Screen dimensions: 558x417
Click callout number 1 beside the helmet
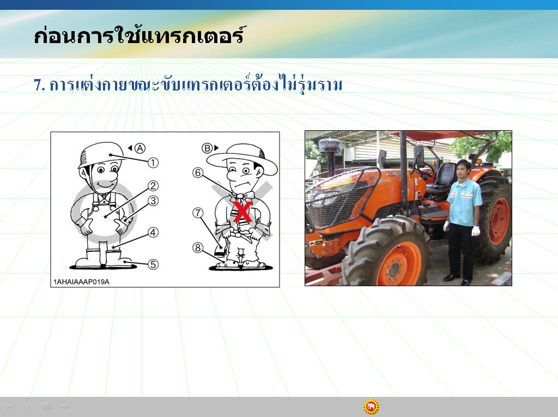[x=153, y=163]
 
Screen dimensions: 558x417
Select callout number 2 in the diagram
[x=153, y=185]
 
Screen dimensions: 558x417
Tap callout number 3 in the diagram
[x=153, y=201]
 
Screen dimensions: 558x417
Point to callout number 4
[x=153, y=233]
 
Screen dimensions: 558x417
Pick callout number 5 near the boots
[x=153, y=264]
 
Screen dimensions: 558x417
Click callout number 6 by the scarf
[x=198, y=173]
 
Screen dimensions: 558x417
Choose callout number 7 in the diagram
[x=198, y=213]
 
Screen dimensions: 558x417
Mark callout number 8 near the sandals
[x=198, y=247]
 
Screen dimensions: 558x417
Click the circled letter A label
[x=140, y=148]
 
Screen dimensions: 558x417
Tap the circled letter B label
[x=207, y=148]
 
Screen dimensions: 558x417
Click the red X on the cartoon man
[x=242, y=211]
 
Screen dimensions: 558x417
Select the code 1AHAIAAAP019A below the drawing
[x=82, y=282]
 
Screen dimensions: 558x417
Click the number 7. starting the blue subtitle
[x=39, y=85]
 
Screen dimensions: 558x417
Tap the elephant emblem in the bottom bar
[x=371, y=407]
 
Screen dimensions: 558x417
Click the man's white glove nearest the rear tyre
[x=476, y=231]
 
